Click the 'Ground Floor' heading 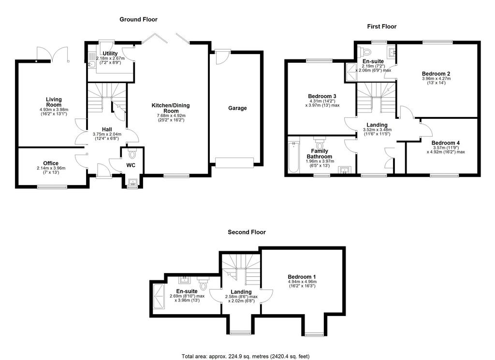(x=138, y=19)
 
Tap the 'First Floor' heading (x=382, y=27)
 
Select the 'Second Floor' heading (x=247, y=232)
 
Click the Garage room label (x=237, y=108)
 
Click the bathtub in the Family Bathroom (x=293, y=157)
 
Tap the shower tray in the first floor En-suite (x=350, y=72)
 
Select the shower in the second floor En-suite (x=159, y=297)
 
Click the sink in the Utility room (x=91, y=64)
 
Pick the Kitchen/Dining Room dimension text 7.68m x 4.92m (x=171, y=116)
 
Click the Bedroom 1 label (x=302, y=277)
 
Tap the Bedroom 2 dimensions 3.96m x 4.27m (x=437, y=79)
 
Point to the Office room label (x=51, y=163)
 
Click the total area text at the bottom (x=246, y=357)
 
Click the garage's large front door (x=234, y=163)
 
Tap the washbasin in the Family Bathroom (x=344, y=171)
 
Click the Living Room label (x=54, y=102)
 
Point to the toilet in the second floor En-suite (x=203, y=284)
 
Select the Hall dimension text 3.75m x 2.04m (x=107, y=134)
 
